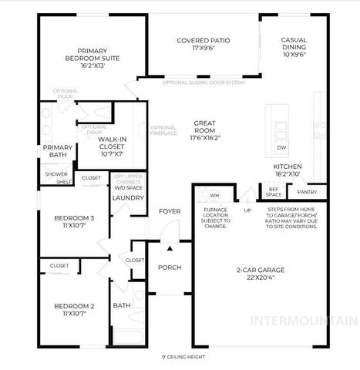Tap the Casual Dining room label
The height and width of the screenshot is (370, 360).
[294, 48]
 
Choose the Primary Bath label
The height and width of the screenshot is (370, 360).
[57, 151]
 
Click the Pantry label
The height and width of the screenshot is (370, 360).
[307, 191]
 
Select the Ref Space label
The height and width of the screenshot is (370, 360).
[273, 192]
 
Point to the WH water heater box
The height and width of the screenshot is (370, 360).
[215, 196]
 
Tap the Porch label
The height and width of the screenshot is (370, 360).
[169, 267]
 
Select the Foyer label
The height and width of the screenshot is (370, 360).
[170, 212]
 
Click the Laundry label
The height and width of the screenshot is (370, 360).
[124, 198]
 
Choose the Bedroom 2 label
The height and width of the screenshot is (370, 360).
[74, 310]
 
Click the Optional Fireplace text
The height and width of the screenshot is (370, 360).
[163, 131]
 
